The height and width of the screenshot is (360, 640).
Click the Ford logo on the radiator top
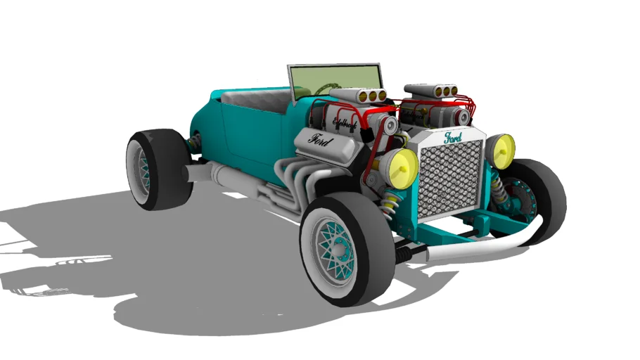451,138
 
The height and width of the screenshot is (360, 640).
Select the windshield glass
334,77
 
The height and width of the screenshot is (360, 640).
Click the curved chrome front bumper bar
485,245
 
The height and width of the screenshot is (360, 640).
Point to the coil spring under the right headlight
498,187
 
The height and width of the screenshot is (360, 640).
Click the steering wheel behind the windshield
324,89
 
